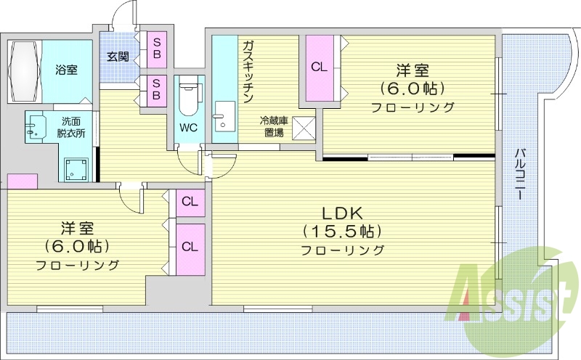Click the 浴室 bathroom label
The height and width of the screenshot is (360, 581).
coord(67,70)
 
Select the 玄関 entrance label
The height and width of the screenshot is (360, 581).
coord(118,56)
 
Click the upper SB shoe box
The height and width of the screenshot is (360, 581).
coord(156,47)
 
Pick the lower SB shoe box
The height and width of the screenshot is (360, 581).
coord(156,91)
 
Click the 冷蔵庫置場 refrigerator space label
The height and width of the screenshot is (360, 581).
coord(273,126)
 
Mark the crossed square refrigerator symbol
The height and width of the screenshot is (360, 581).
coord(303,128)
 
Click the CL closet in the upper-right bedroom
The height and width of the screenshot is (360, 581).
coord(319,67)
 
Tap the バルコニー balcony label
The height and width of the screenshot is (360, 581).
coord(520,174)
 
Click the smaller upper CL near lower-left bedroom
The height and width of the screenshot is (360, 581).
coord(190,202)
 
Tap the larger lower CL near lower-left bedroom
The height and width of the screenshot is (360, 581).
coord(190,247)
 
